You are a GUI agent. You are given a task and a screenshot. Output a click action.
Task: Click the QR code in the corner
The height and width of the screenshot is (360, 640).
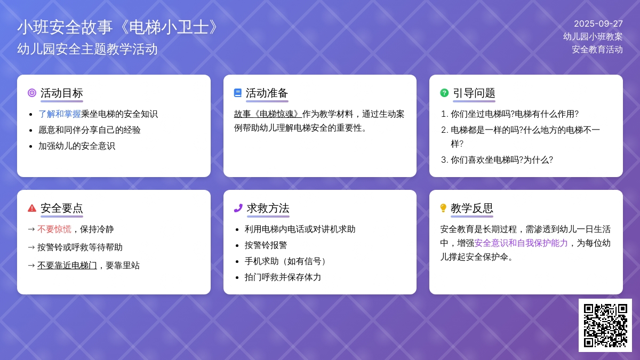coord(605,325)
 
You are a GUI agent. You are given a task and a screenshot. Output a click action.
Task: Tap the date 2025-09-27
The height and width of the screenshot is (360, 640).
coord(598,23)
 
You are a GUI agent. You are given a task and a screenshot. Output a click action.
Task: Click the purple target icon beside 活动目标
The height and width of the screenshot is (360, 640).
coord(32,93)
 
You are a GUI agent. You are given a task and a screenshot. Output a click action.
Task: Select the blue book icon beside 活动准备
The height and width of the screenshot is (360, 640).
coord(238,93)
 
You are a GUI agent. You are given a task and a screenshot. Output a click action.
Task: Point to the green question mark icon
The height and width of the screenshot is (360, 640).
coord(444,93)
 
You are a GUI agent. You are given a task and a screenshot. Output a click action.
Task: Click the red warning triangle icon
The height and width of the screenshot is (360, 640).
coord(32,208)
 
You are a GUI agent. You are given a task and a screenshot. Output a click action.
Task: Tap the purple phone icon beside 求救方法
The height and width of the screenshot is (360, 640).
coord(238,208)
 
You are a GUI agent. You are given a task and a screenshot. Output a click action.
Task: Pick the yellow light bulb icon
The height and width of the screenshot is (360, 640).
coord(443,208)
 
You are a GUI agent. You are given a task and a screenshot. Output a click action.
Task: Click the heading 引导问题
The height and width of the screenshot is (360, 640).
coord(474,93)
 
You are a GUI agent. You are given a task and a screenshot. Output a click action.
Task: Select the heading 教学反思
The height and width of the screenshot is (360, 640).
coord(472,209)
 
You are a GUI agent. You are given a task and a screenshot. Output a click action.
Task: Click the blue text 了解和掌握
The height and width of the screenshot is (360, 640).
coord(60,114)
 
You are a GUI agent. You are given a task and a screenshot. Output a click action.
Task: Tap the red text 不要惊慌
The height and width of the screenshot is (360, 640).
coord(54,229)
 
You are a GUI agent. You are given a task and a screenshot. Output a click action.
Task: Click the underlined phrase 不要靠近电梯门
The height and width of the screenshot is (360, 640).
coord(67,266)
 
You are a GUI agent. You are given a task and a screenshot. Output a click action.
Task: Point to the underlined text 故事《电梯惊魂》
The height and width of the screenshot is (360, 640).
coord(268,114)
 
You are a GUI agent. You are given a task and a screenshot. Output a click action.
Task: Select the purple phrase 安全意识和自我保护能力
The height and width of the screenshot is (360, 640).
coord(521,243)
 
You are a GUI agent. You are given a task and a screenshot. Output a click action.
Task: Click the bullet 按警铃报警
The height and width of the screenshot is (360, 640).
coord(266,245)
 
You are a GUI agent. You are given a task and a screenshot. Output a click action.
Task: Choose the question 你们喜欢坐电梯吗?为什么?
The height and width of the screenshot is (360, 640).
coord(502,159)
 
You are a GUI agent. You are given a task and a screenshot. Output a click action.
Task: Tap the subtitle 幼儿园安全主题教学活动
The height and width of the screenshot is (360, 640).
coord(87,49)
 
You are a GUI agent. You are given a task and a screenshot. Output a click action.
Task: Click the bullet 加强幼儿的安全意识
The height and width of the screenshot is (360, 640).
coord(77,146)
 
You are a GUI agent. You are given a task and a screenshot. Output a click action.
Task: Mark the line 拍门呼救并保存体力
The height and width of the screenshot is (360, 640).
coord(283,277)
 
